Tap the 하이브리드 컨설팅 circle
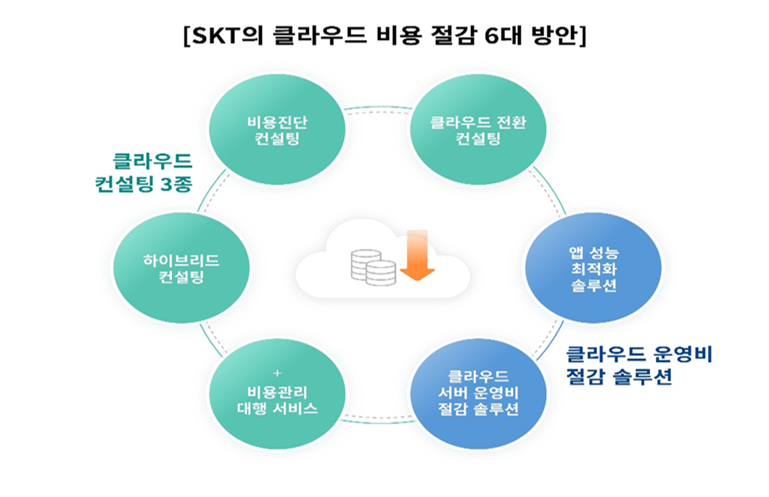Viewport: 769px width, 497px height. point(182,268)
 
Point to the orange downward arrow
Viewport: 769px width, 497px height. point(416,255)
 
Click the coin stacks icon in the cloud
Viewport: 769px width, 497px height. point(373,267)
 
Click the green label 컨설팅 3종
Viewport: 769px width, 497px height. point(144,184)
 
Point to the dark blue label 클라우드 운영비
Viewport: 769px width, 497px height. point(640,355)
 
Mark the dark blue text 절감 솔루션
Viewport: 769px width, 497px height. point(619,377)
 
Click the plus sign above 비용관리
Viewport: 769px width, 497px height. point(276,373)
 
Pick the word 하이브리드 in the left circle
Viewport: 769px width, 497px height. point(182,259)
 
